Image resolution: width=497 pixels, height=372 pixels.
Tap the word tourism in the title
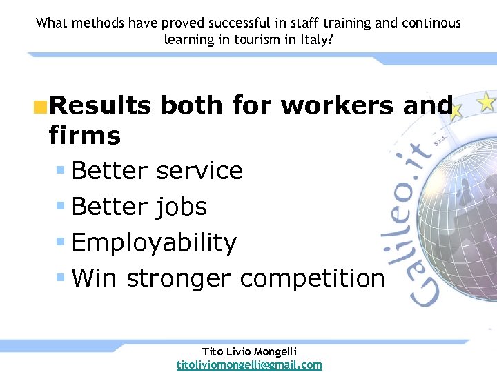[256, 39]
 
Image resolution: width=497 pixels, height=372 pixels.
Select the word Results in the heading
[99, 105]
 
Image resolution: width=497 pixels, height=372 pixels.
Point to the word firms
[85, 135]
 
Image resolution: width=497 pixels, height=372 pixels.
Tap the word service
[199, 170]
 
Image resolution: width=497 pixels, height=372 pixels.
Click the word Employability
[154, 242]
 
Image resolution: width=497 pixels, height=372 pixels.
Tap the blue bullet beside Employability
[61, 242]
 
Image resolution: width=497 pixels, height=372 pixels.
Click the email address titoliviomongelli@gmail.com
[249, 364]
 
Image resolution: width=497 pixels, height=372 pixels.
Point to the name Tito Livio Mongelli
[249, 351]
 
